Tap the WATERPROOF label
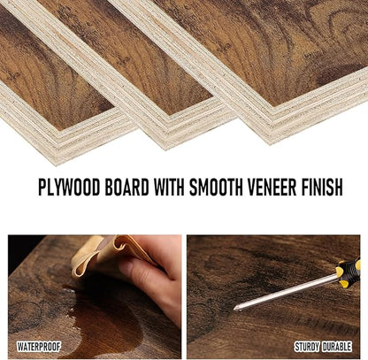tap(39, 347)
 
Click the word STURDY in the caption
tap(307, 347)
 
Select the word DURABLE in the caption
tap(337, 347)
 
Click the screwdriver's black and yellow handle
tap(349, 272)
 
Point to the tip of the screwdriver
tap(234, 309)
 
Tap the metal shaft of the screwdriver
tap(286, 292)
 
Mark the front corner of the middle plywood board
tap(165, 149)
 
